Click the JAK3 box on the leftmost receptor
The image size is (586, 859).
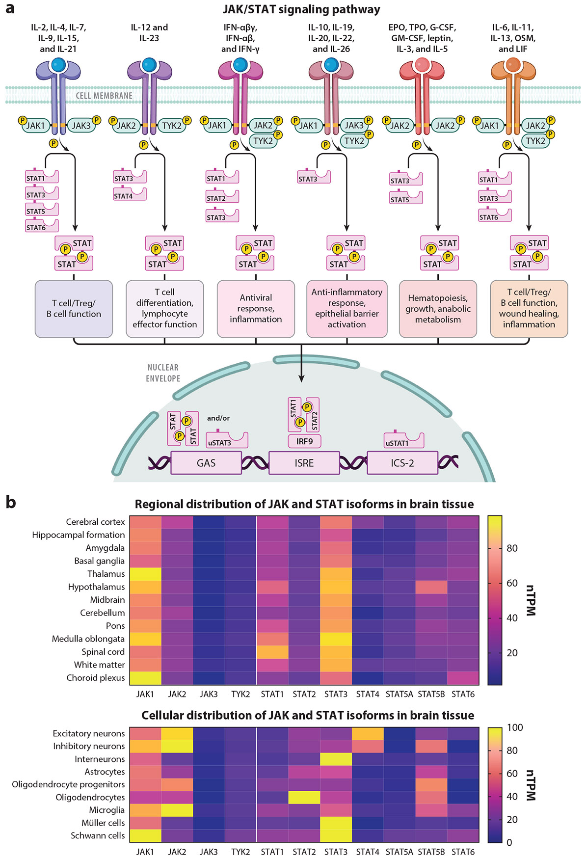pos(81,126)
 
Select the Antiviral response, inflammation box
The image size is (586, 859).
pos(256,309)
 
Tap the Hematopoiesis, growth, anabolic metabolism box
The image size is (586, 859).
pos(438,309)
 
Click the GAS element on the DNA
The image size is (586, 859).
pos(206,463)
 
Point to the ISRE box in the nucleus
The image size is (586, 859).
pos(304,463)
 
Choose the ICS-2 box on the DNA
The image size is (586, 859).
pos(402,463)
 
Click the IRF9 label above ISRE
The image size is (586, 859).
pos(304,441)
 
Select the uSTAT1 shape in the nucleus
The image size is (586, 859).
pos(404,440)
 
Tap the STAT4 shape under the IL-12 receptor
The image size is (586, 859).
pos(130,194)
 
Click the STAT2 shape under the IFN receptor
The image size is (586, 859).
pos(222,197)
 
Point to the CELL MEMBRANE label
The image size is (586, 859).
pos(104,96)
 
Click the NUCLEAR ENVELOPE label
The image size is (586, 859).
pos(163,373)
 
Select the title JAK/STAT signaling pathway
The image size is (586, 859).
pos(301,9)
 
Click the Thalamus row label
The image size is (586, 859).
pos(106,574)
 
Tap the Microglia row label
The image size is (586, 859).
pos(107,810)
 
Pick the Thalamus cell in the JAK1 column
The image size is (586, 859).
pos(145,574)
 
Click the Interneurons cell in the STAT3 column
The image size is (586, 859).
pos(336,759)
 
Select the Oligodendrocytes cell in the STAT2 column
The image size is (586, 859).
pos(304,797)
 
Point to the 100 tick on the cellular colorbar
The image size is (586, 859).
pos(515,727)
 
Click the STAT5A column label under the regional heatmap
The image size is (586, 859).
pos(400,694)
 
